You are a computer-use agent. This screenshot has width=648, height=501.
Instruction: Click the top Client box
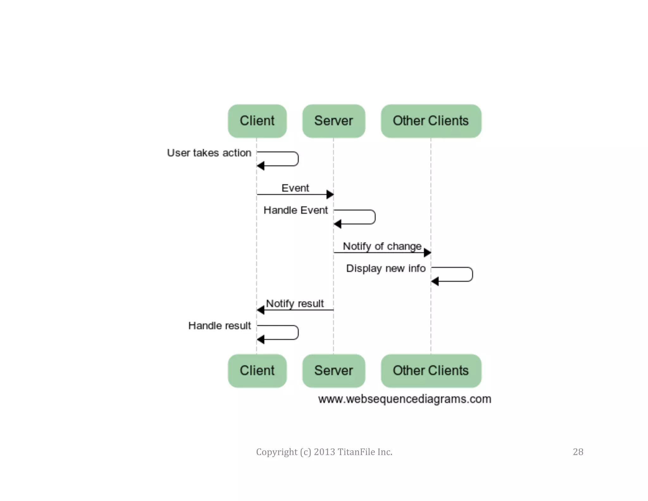(257, 121)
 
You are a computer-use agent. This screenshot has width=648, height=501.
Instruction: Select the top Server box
(333, 121)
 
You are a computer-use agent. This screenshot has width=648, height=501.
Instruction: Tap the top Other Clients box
(431, 121)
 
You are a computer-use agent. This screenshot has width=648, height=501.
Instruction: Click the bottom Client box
(257, 371)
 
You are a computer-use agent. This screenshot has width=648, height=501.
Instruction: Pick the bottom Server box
(333, 371)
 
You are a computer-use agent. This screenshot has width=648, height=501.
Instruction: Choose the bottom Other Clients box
(431, 371)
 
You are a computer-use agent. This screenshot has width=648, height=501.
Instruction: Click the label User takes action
(209, 153)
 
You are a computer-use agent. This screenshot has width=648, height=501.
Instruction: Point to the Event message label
(295, 188)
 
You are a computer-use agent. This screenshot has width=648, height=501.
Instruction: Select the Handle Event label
(296, 210)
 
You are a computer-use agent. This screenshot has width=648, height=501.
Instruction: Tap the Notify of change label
(382, 246)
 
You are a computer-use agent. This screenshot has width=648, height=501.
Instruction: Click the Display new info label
(386, 269)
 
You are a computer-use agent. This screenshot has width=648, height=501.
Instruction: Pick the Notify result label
(295, 303)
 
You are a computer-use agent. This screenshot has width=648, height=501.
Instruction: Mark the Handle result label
(219, 326)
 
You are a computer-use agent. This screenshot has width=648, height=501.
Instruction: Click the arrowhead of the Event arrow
(330, 194)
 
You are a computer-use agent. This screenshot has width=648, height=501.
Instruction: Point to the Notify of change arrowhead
(427, 253)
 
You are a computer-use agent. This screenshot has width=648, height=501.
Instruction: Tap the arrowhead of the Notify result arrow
(261, 310)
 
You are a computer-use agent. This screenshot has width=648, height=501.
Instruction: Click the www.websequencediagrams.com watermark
(404, 399)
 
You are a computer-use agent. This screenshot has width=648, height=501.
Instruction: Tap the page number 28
(578, 452)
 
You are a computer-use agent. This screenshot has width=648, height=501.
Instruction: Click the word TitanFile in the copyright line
(356, 452)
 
